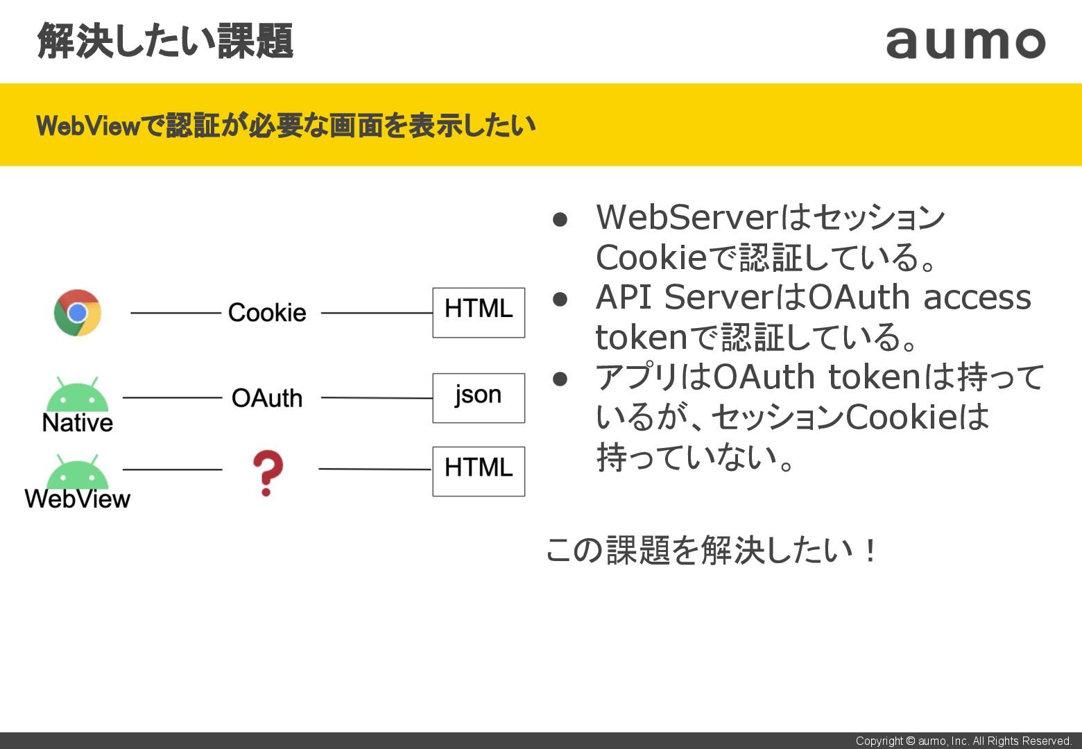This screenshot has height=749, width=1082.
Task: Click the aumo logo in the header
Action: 965,42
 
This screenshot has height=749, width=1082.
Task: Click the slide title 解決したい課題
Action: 165,41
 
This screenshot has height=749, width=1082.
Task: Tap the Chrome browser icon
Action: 78,313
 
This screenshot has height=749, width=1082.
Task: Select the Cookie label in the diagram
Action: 267,313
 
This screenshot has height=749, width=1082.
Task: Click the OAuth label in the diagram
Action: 267,398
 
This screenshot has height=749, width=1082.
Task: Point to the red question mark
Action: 267,473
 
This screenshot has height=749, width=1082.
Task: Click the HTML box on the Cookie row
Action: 479,312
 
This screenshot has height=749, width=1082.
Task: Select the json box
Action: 479,397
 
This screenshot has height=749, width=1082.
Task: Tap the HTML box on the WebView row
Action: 479,471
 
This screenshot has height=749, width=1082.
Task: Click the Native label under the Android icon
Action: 77,423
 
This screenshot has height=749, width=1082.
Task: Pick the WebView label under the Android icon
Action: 77,499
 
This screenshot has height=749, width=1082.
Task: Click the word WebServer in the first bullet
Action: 687,217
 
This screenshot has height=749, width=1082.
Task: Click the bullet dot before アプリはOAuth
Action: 560,379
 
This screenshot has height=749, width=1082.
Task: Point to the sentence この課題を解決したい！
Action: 712,551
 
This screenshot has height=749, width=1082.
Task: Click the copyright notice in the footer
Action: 963,741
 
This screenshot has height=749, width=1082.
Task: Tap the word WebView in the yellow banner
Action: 88,126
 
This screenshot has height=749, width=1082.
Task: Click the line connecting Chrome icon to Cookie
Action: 175,313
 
